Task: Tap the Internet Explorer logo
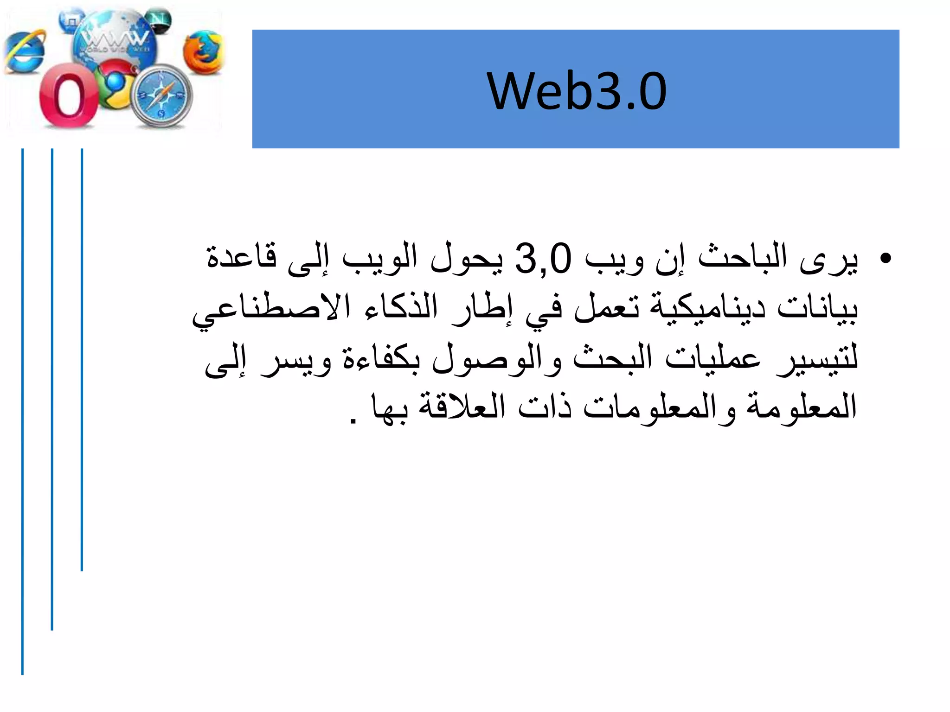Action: pos(25,52)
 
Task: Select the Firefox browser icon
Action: pos(203,52)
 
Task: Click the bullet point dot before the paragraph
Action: pos(886,258)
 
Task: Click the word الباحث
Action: pos(742,258)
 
